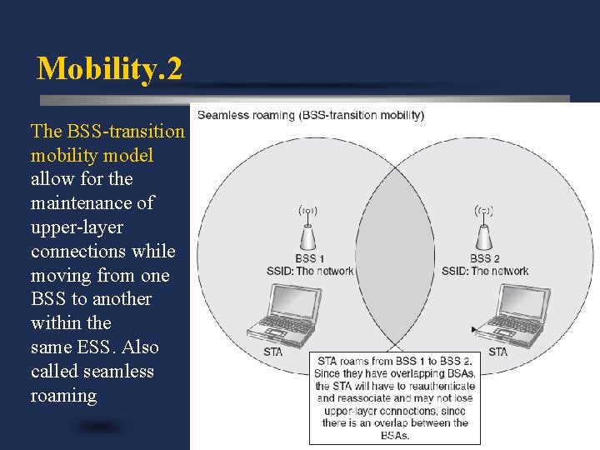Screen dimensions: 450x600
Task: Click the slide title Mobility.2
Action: click(x=109, y=68)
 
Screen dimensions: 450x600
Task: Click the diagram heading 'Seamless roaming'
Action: click(x=247, y=115)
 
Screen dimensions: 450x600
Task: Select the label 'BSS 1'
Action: click(x=310, y=258)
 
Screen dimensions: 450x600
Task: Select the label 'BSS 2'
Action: click(x=485, y=258)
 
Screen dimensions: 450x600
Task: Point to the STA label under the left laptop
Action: click(x=272, y=352)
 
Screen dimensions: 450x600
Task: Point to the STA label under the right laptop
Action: click(x=497, y=352)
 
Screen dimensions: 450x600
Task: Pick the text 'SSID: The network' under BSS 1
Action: click(x=309, y=271)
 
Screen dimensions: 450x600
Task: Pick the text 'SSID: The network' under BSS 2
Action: click(x=485, y=271)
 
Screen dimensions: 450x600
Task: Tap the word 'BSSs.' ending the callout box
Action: click(x=395, y=435)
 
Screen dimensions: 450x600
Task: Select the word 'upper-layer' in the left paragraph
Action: click(x=77, y=227)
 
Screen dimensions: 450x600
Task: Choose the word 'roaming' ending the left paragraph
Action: click(x=63, y=395)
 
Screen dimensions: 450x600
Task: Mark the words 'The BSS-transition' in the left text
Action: click(x=107, y=131)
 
